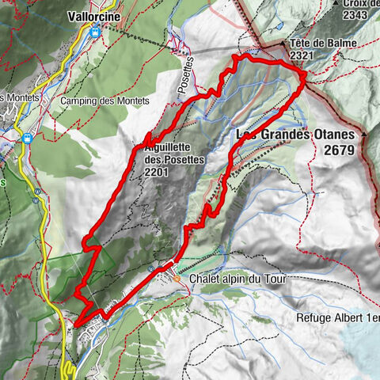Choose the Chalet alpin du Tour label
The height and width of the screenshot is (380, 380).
(x=237, y=279)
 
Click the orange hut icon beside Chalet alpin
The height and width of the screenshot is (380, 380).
(x=177, y=279)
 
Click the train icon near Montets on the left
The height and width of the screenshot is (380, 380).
(x=26, y=136)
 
